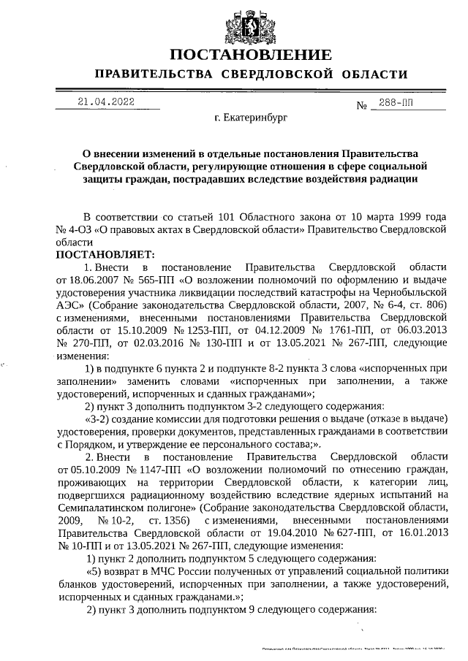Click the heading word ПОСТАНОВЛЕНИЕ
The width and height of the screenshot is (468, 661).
click(x=251, y=55)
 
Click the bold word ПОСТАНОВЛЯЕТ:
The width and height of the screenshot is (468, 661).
click(x=105, y=254)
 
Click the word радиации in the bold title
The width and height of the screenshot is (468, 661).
click(x=391, y=178)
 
